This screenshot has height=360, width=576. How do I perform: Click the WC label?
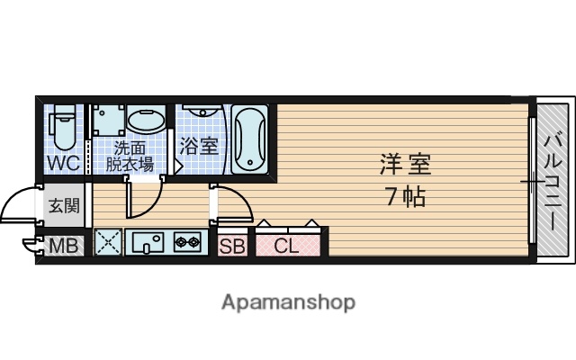coord(64,163)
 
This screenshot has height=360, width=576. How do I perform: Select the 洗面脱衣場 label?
coord(130,156)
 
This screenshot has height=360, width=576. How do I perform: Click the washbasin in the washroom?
coord(144,120)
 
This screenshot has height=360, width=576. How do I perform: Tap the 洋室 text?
coord(406,165)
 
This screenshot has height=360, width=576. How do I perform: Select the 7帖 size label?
coord(406,196)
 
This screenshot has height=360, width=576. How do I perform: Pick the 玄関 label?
coord(63,205)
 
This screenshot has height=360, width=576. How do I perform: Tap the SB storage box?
coord(231,245)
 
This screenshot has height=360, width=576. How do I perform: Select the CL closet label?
coord(286,245)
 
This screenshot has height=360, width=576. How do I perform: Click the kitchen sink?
coord(147,242)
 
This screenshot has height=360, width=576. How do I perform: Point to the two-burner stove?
coord(187,242)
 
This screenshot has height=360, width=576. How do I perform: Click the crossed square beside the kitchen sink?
coord(108,242)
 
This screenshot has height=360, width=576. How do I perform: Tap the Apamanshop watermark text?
coord(288,301)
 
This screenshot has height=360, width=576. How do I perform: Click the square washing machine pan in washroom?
coord(107,121)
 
